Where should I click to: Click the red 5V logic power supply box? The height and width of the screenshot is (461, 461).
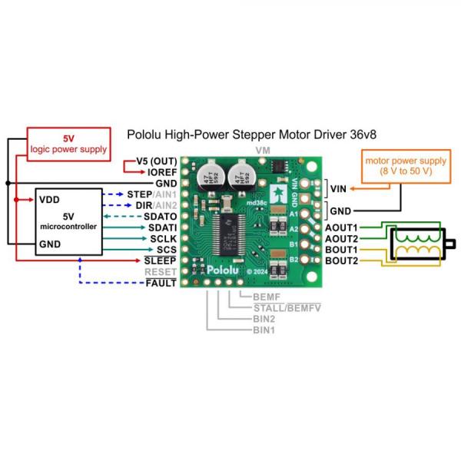[68, 144]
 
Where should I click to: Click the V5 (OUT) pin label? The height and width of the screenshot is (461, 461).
[156, 161]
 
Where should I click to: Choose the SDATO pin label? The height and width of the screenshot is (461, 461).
[160, 217]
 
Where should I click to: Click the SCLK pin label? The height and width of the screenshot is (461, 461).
[162, 239]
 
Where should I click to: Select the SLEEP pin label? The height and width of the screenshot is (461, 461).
[161, 261]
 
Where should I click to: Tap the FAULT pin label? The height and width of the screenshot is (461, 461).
[161, 284]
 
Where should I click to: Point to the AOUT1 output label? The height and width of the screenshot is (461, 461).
[341, 228]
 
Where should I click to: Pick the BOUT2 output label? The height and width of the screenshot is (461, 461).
[341, 261]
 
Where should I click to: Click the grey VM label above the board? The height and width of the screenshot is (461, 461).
[262, 151]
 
